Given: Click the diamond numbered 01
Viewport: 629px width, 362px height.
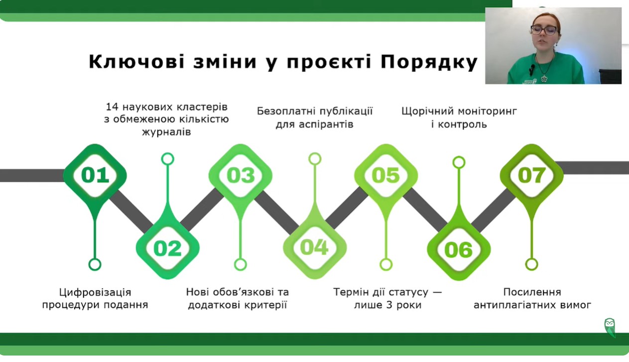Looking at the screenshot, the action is (x=95, y=175).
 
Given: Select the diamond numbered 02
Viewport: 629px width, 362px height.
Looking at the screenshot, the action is (x=168, y=248).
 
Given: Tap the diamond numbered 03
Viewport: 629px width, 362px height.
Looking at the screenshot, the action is (x=241, y=175).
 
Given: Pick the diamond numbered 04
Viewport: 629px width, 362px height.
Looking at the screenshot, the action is (x=315, y=247).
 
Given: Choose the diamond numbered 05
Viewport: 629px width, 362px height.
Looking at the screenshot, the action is (x=386, y=175).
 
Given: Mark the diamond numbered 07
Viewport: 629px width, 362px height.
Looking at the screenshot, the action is (x=531, y=175).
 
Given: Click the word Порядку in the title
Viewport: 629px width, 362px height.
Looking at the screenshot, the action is (x=429, y=62).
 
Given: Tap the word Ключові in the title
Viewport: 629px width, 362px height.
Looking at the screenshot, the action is (x=137, y=62).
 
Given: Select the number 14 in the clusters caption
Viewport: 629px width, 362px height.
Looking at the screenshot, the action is (x=112, y=107).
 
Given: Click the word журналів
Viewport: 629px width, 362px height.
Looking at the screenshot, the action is (x=166, y=131).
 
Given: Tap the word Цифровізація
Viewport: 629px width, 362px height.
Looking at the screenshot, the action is (x=95, y=293).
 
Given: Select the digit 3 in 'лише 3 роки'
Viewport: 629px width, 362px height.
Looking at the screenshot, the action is (x=389, y=305).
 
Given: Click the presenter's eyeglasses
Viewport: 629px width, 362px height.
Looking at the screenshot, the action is (x=544, y=30).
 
